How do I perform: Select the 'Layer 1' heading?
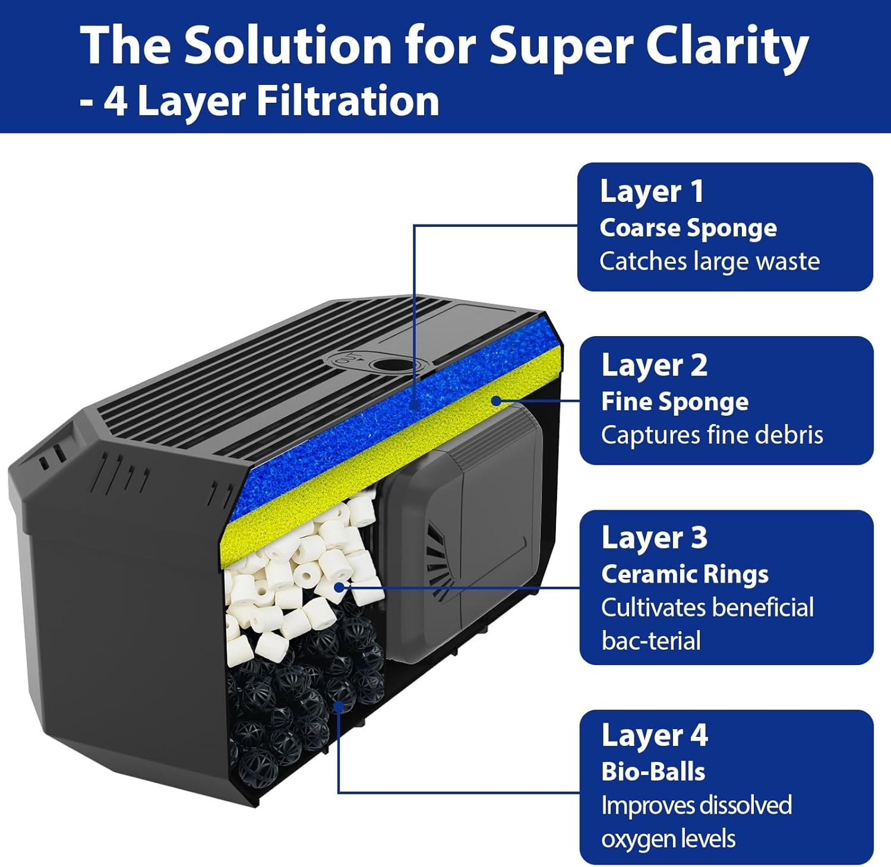coord(652,192)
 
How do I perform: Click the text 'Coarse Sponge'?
coord(688,227)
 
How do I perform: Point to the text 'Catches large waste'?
coord(709,261)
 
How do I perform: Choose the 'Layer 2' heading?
coord(654,365)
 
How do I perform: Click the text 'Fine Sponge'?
coord(674,401)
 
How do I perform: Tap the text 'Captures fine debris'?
coord(712,435)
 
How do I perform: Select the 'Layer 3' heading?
coord(654,538)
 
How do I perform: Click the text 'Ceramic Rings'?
coord(684,574)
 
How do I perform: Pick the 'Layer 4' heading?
coord(654,735)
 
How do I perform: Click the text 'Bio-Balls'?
coord(653,771)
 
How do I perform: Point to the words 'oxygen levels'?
coord(668,839)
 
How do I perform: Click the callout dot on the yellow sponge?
coord(496,400)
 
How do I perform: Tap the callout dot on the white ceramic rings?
coord(339,587)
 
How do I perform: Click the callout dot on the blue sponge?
coord(415,404)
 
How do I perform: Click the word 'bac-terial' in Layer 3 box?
coord(650,641)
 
